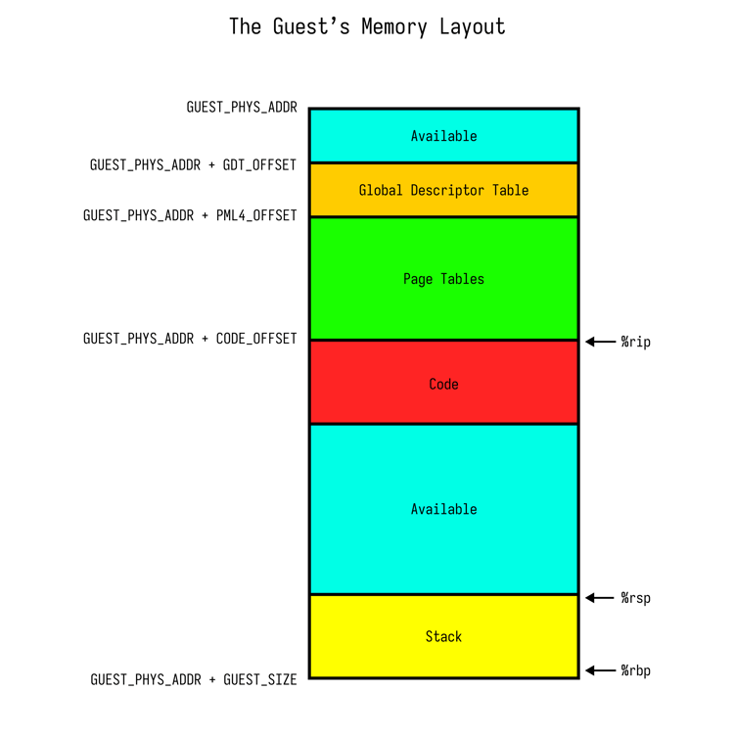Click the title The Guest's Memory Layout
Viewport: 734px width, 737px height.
coord(367,26)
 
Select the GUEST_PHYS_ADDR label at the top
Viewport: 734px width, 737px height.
coord(242,108)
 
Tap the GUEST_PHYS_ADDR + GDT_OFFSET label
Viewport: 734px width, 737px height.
coord(193,165)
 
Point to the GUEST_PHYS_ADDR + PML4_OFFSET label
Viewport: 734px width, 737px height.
coord(190,215)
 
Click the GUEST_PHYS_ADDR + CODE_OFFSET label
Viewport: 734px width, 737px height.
coord(190,339)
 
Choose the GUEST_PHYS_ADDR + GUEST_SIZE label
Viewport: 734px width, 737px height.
coord(194,679)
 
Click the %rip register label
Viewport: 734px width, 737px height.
coord(635,342)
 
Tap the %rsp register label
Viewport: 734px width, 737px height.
coord(635,598)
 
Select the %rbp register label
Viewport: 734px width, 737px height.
coord(635,670)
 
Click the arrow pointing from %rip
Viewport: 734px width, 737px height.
coord(600,342)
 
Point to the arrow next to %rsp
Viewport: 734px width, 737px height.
coord(600,598)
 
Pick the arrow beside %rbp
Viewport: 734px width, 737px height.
coord(600,670)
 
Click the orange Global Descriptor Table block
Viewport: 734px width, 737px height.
coord(443,190)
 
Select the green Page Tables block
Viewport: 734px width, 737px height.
coord(443,279)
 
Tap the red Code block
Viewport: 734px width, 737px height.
coord(443,384)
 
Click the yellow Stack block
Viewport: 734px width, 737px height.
coord(443,636)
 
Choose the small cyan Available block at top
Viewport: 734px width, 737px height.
coord(443,136)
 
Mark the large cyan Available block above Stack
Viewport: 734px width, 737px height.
coord(443,509)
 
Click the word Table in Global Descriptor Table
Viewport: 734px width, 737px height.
coord(510,190)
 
